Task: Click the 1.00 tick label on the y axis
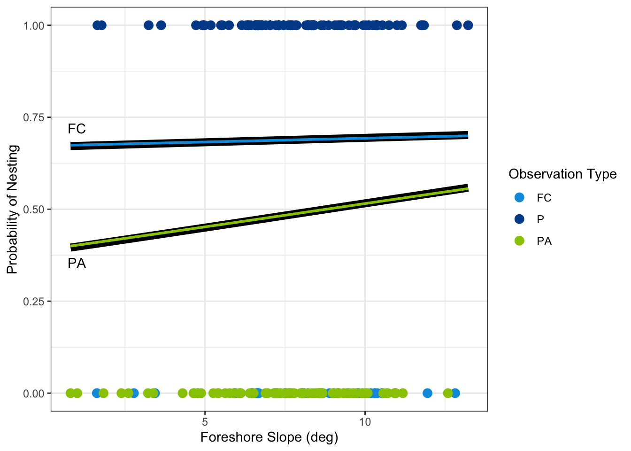pos(34,25)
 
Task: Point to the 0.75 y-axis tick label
pos(34,117)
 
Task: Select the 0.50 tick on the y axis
pos(34,210)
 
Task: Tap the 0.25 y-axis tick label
pos(34,302)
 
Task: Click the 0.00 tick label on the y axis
pos(34,394)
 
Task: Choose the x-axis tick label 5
pos(205,421)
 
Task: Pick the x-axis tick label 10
pos(365,421)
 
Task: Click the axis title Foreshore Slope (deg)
pos(269,437)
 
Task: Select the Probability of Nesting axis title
pos(12,209)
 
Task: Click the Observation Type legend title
pos(562,174)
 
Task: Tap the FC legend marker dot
pos(519,198)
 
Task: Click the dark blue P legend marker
pos(519,219)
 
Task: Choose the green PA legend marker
pos(519,241)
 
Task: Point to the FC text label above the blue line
pos(77,129)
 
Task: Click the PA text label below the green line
pos(77,264)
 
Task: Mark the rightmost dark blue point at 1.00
pos(468,25)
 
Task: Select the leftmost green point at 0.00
pos(70,393)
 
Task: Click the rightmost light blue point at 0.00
pos(454,393)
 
